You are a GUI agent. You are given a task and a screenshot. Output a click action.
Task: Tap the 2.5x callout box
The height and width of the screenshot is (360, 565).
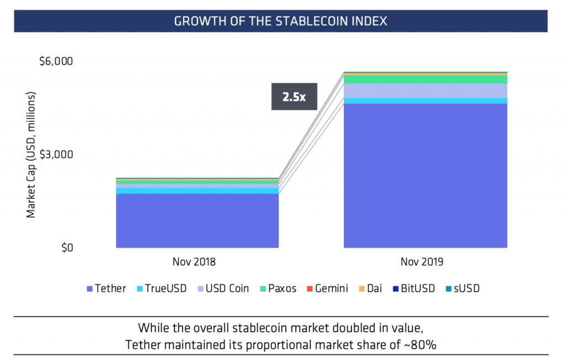pos(294,97)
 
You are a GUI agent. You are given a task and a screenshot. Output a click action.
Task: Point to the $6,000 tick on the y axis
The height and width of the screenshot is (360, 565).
pos(56,61)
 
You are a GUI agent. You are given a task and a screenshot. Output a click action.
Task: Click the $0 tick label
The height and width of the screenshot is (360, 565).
pos(65,247)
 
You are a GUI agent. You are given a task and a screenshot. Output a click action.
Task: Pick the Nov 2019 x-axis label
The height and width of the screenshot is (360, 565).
pos(425,261)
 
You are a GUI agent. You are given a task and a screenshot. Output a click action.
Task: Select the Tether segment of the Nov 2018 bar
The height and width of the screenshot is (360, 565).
pos(197,221)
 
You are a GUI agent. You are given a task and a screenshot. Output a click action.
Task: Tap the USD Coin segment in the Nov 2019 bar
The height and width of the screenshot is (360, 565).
pos(425,91)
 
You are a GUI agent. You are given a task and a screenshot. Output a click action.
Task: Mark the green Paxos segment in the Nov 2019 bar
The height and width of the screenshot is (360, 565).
pos(425,80)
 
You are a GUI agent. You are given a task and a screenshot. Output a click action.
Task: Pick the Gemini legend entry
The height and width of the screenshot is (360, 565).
pos(327,288)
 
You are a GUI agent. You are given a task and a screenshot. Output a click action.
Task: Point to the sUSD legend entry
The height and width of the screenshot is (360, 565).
pos(462,288)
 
